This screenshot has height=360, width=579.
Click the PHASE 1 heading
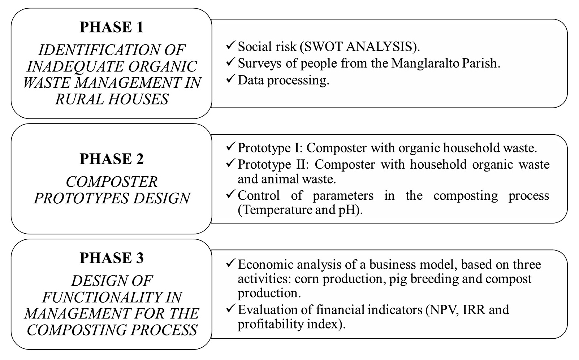point(111,27)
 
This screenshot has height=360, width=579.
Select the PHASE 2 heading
point(111,159)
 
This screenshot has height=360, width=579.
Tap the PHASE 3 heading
point(111,258)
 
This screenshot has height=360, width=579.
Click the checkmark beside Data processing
point(230,79)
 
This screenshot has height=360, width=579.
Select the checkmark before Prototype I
point(230,147)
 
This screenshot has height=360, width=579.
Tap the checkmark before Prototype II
point(230,163)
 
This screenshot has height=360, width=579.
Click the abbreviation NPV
point(442,310)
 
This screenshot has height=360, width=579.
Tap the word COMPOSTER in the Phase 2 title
point(111,182)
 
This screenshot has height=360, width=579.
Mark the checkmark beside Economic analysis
point(230,263)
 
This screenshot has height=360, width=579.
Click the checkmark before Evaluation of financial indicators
point(230,309)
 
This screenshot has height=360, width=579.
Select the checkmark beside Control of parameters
point(230,194)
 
